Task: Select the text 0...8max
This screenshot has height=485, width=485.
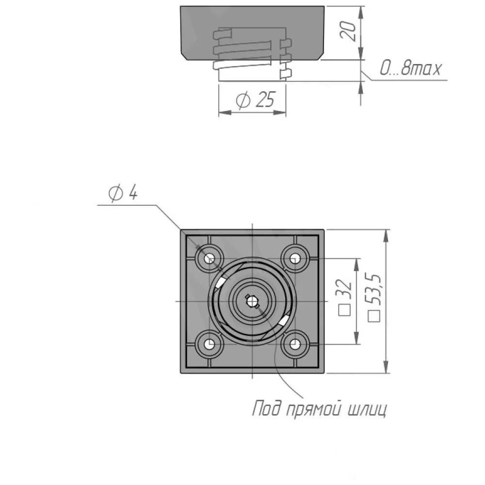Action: click(x=410, y=68)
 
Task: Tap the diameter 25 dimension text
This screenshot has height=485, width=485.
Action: click(x=255, y=99)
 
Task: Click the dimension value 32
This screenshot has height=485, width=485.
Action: click(x=345, y=289)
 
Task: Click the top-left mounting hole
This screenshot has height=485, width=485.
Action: click(x=210, y=258)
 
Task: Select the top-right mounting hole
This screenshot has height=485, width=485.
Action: click(x=295, y=258)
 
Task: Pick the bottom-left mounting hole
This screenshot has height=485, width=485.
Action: click(x=210, y=344)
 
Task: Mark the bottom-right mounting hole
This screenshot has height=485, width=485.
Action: click(x=295, y=344)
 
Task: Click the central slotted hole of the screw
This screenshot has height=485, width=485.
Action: click(x=252, y=301)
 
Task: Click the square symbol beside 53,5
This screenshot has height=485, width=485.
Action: click(x=374, y=316)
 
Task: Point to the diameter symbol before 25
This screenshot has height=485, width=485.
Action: click(x=243, y=100)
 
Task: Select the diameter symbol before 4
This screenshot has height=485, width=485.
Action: click(x=116, y=194)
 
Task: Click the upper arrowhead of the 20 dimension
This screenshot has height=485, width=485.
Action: click(x=361, y=12)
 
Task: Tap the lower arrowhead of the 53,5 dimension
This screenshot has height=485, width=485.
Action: click(x=386, y=367)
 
